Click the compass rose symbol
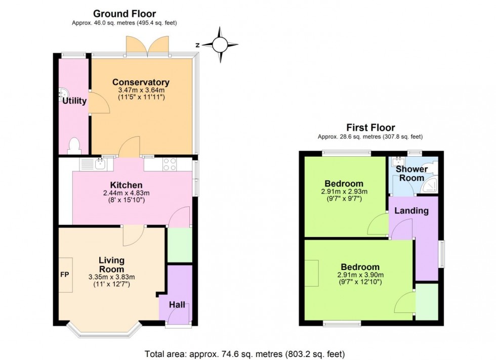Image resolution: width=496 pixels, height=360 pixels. [220, 44]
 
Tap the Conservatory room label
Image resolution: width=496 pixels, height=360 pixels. [141, 82]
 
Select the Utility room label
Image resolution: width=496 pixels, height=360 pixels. [74, 101]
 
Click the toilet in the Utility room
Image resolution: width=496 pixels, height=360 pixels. [74, 146]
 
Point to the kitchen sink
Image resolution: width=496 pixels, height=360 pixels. [100, 164]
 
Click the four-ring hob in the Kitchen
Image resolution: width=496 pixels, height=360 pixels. [170, 164]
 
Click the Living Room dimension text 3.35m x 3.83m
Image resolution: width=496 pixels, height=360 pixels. [111, 277]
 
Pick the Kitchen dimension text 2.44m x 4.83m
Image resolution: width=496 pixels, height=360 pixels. [127, 193]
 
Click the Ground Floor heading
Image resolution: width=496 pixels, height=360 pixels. [125, 14]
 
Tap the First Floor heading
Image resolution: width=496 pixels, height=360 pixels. [370, 127]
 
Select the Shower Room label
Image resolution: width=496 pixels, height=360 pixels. [411, 173]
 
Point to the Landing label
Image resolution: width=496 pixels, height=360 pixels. [412, 211]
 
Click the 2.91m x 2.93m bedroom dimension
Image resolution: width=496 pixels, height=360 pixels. [344, 192]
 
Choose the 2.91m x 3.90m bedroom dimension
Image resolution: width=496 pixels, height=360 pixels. [360, 275]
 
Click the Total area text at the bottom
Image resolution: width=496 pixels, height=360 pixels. [245, 354]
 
